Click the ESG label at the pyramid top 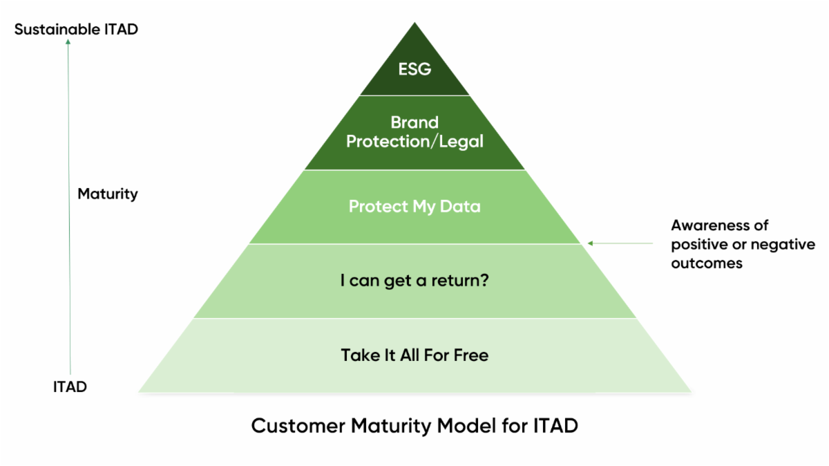tap(414, 69)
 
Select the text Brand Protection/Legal tap(414, 132)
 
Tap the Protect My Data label tap(414, 207)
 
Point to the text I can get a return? tap(414, 282)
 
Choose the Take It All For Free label tap(414, 356)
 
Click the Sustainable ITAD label tap(76, 30)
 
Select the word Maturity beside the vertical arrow tap(107, 194)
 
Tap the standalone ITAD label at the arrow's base tap(70, 387)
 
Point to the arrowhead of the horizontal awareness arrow tap(590, 243)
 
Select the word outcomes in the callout tap(707, 263)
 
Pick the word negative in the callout tap(787, 245)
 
